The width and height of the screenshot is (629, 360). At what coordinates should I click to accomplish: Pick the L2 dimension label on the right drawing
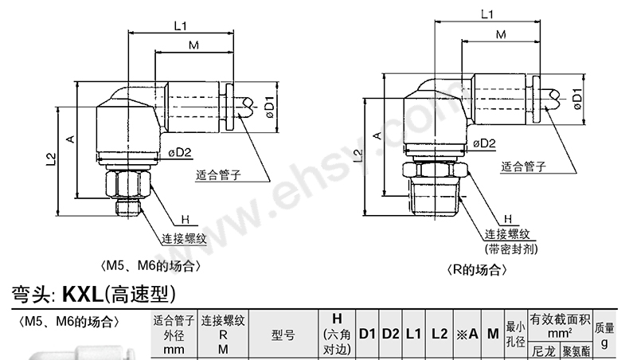pos(357,156)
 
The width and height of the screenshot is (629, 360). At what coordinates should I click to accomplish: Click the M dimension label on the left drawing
pos(193,47)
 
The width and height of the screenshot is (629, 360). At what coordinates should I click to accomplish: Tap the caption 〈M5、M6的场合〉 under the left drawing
pos(147,266)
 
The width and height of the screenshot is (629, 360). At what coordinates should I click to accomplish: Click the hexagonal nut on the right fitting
pos(434,172)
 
